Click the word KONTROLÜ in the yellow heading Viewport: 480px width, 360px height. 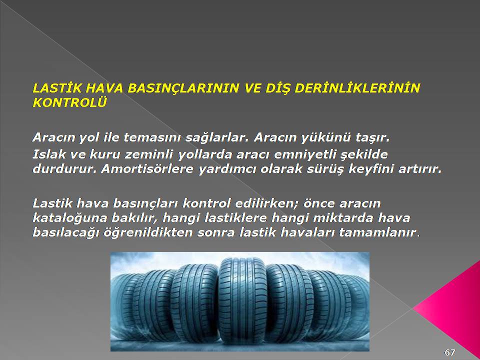pyautogui.click(x=69, y=102)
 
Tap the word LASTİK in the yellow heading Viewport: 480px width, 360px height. pyautogui.click(x=57, y=88)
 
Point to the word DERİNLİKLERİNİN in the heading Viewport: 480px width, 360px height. pyautogui.click(x=357, y=88)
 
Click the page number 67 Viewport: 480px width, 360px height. pyautogui.click(x=449, y=352)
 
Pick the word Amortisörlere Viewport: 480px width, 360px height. pyautogui.click(x=147, y=168)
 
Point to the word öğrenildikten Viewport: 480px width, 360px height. pyautogui.click(x=148, y=233)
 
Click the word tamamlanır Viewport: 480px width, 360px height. pyautogui.click(x=378, y=232)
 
